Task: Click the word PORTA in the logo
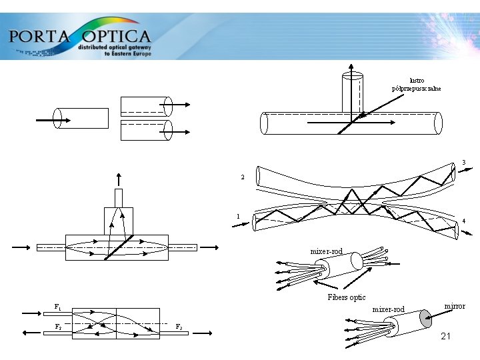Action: [39, 35]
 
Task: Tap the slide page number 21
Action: [446, 337]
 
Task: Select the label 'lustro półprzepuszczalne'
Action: [417, 84]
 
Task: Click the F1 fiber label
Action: [58, 307]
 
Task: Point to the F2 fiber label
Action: [58, 327]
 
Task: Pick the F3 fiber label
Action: [179, 327]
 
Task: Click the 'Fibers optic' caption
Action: [346, 297]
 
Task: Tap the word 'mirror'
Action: [455, 306]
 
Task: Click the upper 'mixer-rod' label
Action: [326, 251]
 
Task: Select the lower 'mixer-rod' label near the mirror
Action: [388, 309]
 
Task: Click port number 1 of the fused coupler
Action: [238, 216]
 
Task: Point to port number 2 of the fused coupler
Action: [243, 177]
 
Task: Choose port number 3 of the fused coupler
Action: [463, 162]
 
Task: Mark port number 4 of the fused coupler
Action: [463, 221]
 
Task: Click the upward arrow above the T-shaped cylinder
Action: [352, 67]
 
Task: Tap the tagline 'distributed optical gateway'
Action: [115, 48]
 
